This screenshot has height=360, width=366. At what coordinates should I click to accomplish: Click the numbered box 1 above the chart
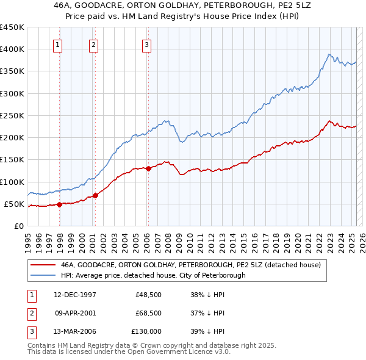point(57,44)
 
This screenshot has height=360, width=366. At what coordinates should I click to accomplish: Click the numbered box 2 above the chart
point(93,44)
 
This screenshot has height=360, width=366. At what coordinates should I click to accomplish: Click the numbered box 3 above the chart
point(147,44)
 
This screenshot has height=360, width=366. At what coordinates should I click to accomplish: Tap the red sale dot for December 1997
point(60,204)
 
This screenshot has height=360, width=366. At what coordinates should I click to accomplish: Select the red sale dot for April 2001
point(96,196)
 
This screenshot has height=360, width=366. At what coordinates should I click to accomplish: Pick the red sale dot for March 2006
point(148,168)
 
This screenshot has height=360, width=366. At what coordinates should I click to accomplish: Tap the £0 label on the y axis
point(18,226)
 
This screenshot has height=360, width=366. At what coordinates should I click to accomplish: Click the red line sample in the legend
point(42,265)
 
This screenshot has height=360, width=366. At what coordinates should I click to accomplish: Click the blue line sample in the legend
point(42,275)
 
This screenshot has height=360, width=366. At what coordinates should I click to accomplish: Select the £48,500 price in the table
point(149,294)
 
